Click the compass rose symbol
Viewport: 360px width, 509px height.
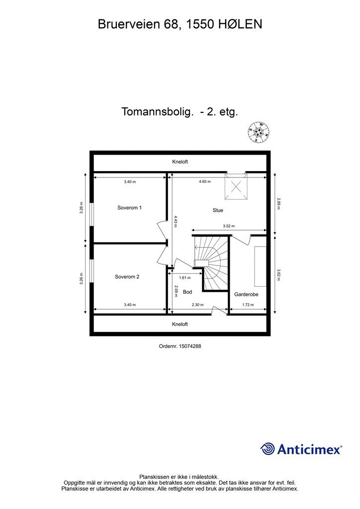click(x=259, y=132)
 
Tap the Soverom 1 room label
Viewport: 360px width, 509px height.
click(x=130, y=208)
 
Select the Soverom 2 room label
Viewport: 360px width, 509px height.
click(x=127, y=277)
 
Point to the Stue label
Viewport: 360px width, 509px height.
click(x=218, y=210)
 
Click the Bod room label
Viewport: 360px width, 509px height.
click(x=187, y=292)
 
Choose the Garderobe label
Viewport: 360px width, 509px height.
click(x=246, y=294)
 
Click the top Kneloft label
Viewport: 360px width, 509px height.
click(x=180, y=162)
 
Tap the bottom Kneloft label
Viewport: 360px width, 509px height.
click(x=180, y=324)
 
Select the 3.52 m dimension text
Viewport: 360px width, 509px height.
click(x=229, y=226)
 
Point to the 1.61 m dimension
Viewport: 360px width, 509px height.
click(x=185, y=278)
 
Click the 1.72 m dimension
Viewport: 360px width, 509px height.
click(x=248, y=305)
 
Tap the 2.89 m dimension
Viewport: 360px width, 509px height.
click(x=278, y=204)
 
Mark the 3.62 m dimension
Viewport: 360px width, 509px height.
click(x=278, y=274)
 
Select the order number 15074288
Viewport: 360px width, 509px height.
click(x=180, y=346)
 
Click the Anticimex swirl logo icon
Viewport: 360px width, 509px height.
click(x=268, y=449)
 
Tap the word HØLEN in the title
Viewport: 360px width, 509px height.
click(x=241, y=23)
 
